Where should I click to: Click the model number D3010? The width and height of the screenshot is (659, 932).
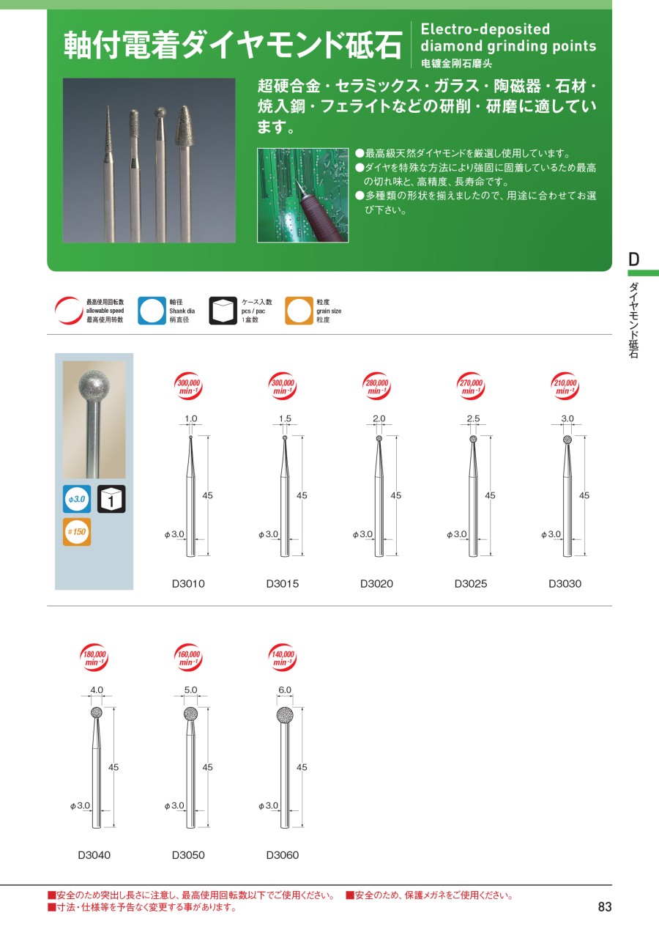coord(188,583)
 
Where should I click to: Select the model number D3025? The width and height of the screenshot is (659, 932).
coord(471,583)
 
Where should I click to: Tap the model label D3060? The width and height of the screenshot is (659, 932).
coord(283,855)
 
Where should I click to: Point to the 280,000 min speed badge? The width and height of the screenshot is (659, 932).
coord(376,386)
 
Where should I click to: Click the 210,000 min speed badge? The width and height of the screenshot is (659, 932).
coord(565,386)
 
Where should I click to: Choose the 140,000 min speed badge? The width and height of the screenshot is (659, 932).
coord(283,657)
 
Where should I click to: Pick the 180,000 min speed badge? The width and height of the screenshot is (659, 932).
coord(94,657)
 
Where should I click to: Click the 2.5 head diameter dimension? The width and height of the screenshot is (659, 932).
coord(473,418)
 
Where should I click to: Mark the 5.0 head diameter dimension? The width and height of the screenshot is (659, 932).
coord(190,690)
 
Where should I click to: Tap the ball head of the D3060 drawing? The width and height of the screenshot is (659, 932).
coord(285,715)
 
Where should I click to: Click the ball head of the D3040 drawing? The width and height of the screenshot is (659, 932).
coord(97,712)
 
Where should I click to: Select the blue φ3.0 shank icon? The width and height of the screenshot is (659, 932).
coord(77,499)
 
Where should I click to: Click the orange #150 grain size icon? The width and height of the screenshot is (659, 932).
coord(77,532)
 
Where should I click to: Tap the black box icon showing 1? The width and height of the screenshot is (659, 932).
coord(111,499)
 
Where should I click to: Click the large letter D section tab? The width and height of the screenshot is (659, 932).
coord(633,259)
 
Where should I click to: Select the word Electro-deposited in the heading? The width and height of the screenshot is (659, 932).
coord(485,29)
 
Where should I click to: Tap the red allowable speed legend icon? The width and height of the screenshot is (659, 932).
coord(69,311)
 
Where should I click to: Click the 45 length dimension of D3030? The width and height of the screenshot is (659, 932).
coord(584,495)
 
